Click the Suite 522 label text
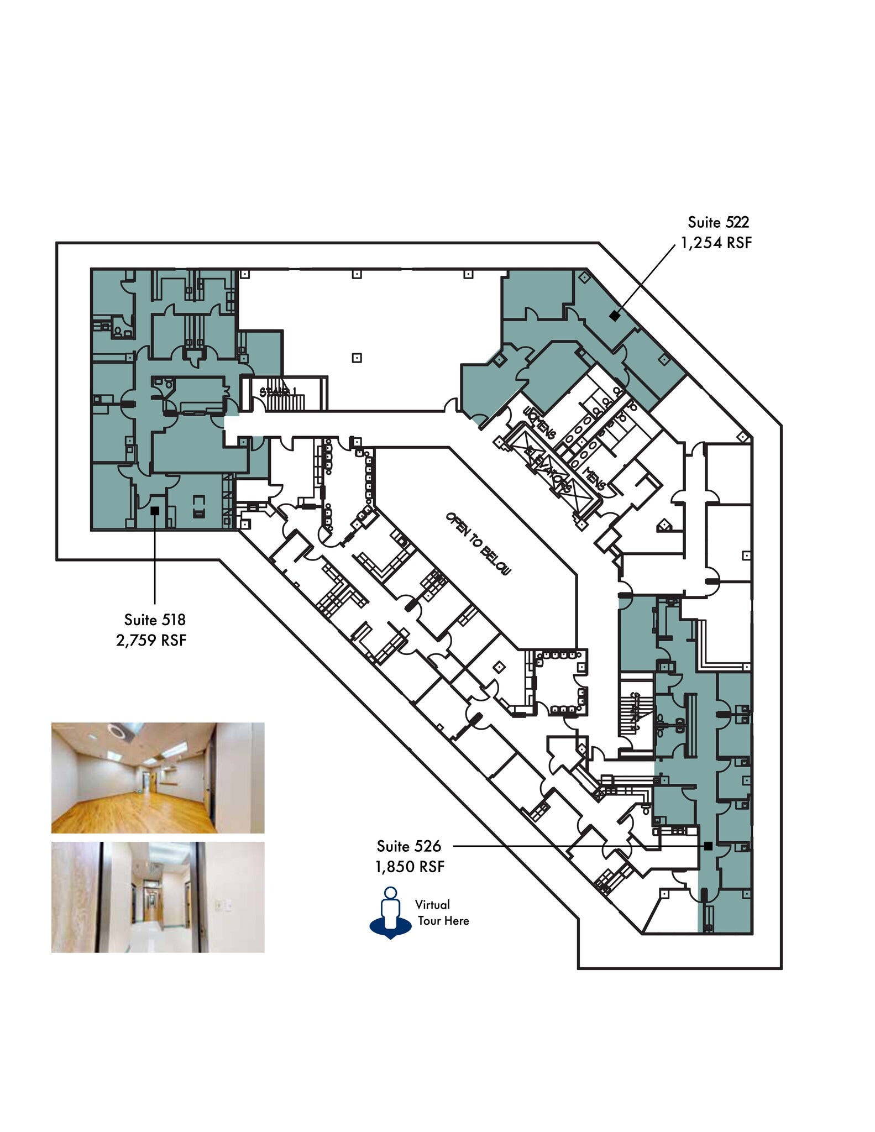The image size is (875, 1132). (x=718, y=222)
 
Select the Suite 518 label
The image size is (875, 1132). (x=154, y=619)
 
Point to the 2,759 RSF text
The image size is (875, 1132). (x=151, y=640)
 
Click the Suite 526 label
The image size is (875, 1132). (x=408, y=846)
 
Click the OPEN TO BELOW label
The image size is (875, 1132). (x=479, y=543)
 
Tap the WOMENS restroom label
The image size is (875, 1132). (x=538, y=422)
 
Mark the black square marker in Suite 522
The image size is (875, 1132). (x=614, y=316)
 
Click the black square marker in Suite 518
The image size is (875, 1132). (x=155, y=511)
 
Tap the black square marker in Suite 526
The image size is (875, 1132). (x=708, y=846)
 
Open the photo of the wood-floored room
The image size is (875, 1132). (x=158, y=778)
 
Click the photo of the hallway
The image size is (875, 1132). (x=158, y=897)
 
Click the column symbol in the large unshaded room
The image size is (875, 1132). (x=357, y=358)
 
